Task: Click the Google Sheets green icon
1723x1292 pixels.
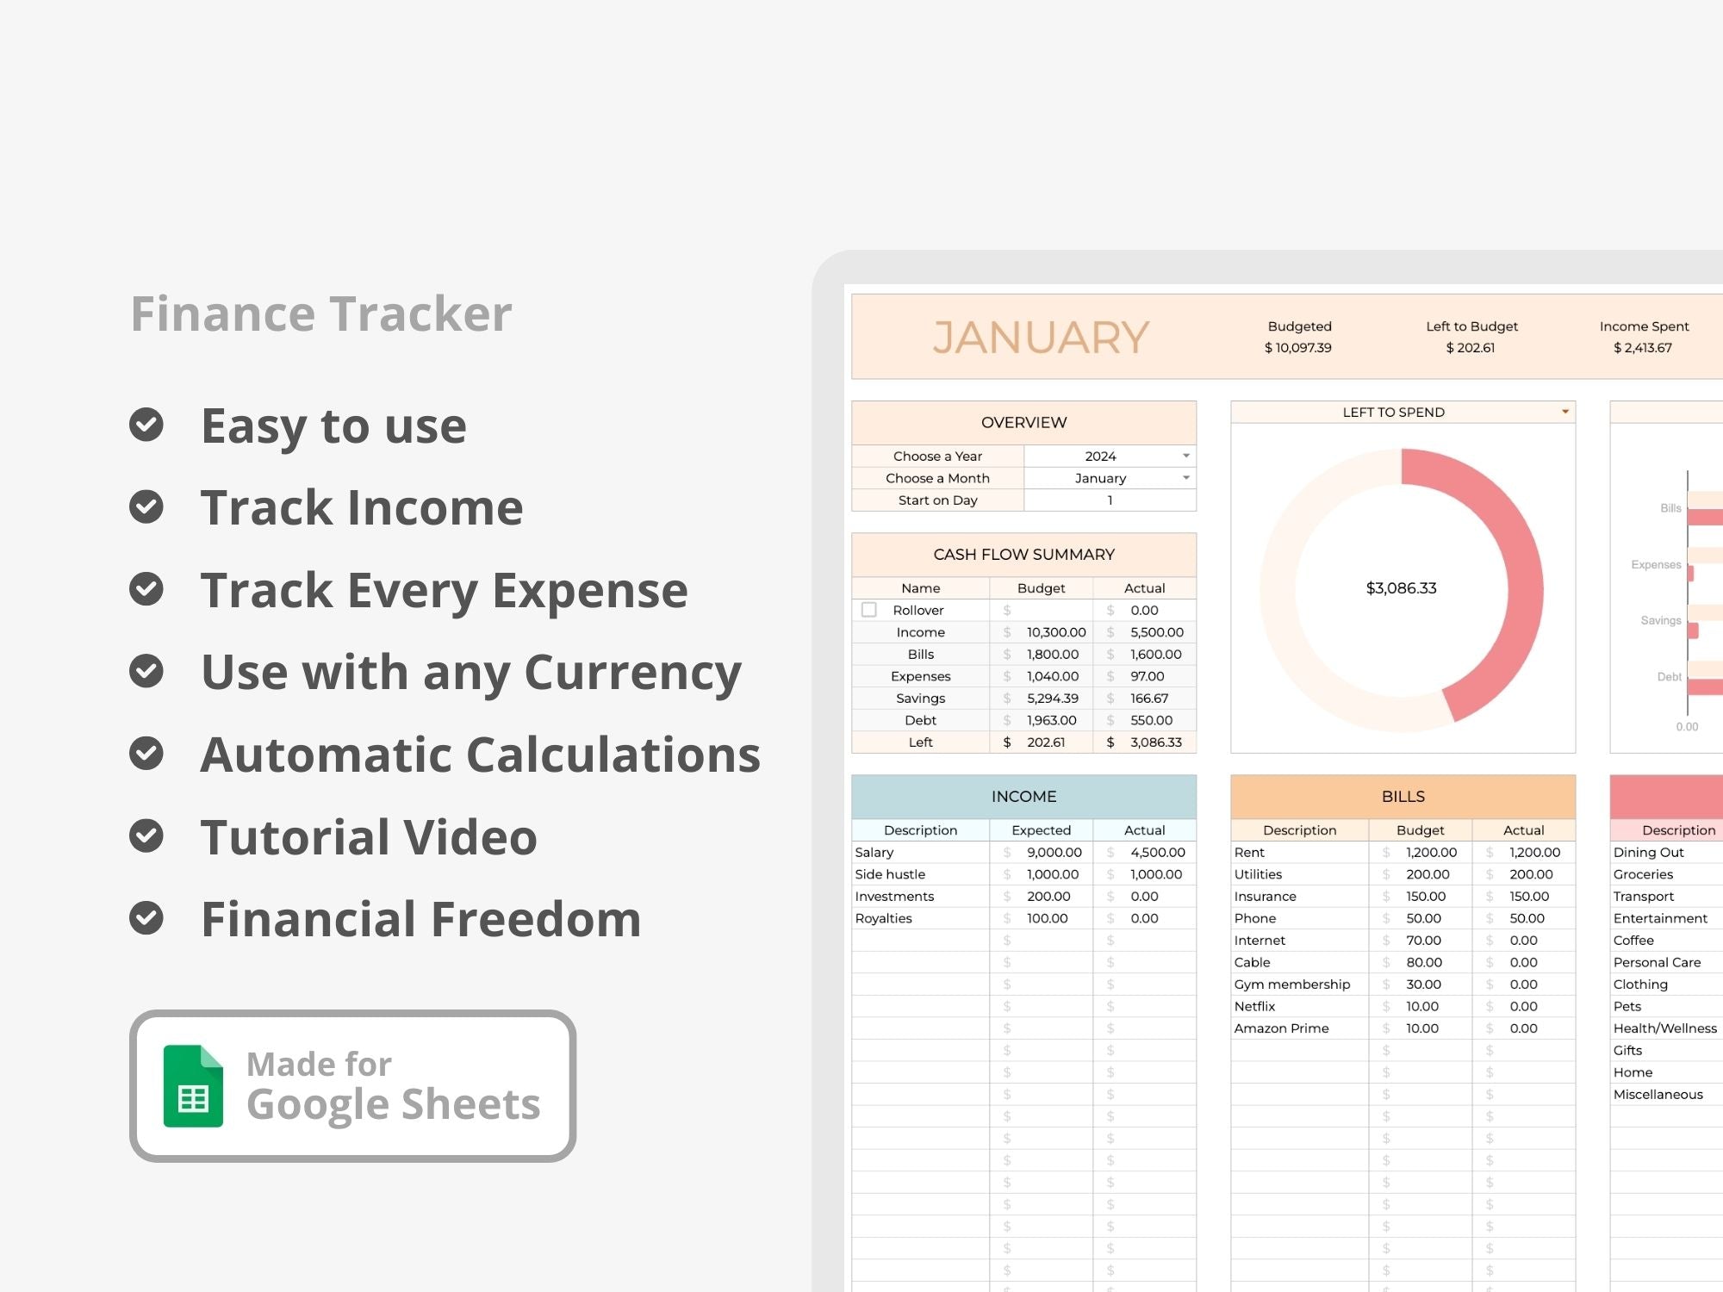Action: (x=193, y=1085)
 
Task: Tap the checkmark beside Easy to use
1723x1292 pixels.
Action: (x=146, y=425)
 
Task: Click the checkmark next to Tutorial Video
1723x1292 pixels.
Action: (x=146, y=835)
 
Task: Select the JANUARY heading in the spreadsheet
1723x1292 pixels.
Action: (x=1041, y=337)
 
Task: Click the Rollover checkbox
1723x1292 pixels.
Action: (x=869, y=610)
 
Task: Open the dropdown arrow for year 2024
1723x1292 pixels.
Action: (x=1186, y=456)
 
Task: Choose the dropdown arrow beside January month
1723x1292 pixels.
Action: (x=1186, y=478)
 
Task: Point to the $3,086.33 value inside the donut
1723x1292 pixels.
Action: (x=1402, y=588)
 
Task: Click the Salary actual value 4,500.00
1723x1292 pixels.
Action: (x=1158, y=853)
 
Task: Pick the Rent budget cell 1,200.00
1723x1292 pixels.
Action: (x=1432, y=853)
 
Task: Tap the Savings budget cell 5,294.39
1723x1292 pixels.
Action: (x=1053, y=699)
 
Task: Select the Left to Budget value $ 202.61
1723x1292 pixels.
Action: (x=1471, y=348)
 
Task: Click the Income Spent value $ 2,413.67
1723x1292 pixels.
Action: (x=1643, y=348)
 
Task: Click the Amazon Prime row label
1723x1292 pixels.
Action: (x=1282, y=1028)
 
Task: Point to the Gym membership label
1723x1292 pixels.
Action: (x=1292, y=985)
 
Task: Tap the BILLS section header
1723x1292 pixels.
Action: (x=1403, y=797)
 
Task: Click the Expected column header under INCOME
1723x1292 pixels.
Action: (x=1042, y=830)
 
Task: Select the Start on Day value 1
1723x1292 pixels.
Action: (x=1110, y=500)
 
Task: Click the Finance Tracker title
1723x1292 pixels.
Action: (x=321, y=313)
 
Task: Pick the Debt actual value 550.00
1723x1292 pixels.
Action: (x=1152, y=720)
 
